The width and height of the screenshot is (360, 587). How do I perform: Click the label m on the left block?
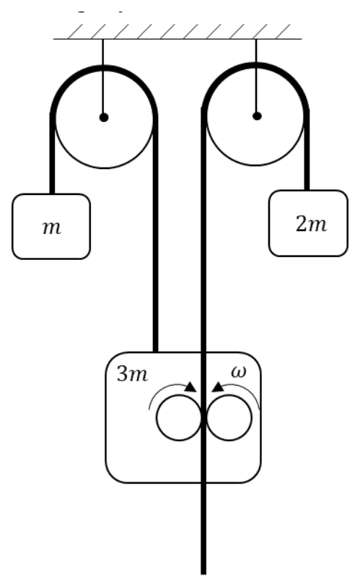pos(52,227)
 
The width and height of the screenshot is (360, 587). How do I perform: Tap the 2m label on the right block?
pos(311,225)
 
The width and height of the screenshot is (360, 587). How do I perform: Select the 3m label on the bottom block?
pos(132,373)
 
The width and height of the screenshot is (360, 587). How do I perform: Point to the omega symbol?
pos(239,372)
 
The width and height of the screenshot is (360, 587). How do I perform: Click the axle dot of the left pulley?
pos(104,118)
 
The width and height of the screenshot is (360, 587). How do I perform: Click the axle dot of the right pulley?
pos(257,116)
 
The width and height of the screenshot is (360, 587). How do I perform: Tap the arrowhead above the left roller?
pos(191,387)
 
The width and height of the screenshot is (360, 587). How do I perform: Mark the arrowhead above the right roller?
pos(218,387)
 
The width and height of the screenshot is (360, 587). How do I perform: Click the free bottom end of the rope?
pos(203,573)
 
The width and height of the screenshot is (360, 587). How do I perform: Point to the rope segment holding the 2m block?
pos(307,150)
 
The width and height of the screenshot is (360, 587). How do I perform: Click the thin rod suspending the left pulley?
pos(103,78)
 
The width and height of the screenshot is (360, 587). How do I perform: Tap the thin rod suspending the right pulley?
pos(256,77)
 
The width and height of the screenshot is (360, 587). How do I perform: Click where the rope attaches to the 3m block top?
pos(156,352)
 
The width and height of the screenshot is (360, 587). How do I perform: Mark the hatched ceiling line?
pos(177,39)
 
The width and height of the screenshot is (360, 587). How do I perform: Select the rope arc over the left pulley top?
pos(104,68)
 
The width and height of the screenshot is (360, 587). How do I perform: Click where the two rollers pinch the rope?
pos(203,418)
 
